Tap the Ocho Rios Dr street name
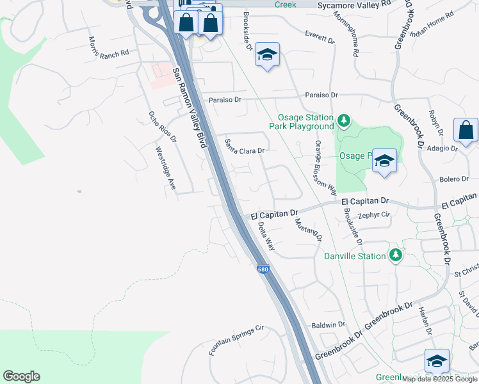(x=158, y=127)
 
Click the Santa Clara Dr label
(x=244, y=146)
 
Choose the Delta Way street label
(x=266, y=236)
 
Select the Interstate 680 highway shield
(x=263, y=270)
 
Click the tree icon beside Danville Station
(x=396, y=255)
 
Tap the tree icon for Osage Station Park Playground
(x=344, y=120)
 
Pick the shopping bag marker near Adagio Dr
(x=466, y=130)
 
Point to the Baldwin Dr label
(x=328, y=325)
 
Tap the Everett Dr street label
(x=320, y=36)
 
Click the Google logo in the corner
(x=21, y=376)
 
